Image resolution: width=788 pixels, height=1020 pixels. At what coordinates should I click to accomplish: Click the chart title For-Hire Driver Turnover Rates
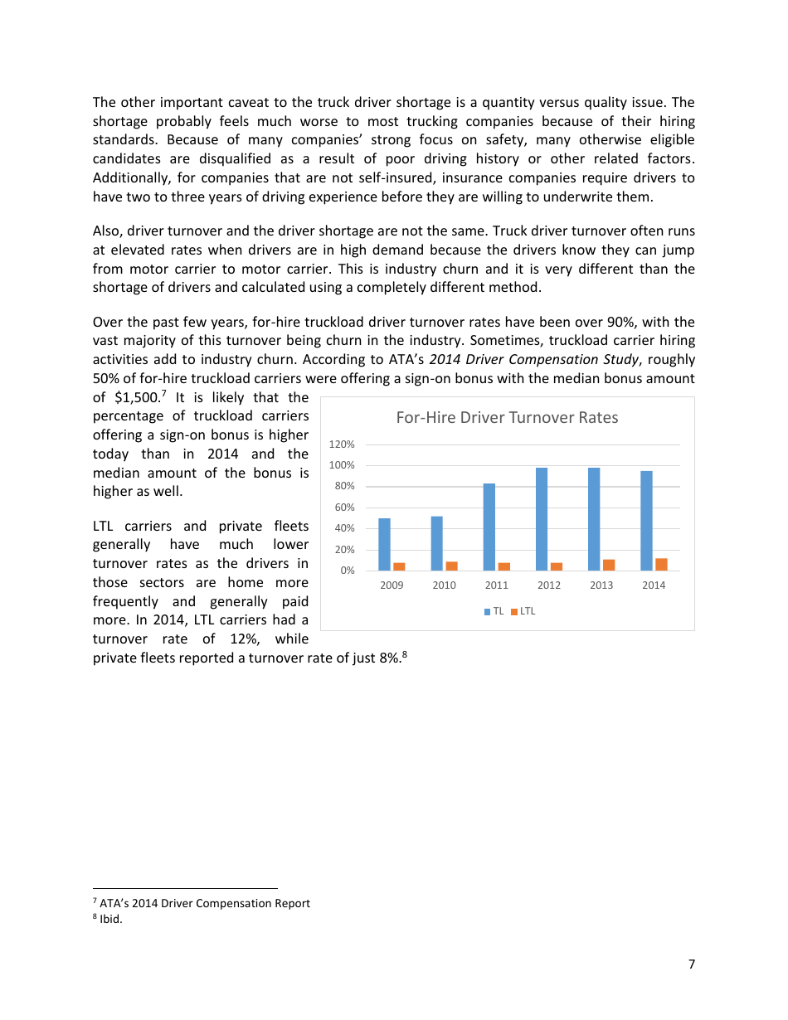click(x=507, y=417)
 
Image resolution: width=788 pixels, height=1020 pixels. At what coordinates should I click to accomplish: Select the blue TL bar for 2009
click(x=384, y=544)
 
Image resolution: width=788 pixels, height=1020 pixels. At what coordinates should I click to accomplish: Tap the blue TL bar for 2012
click(x=542, y=519)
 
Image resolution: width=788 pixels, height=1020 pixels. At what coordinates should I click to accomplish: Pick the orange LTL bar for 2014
click(x=661, y=564)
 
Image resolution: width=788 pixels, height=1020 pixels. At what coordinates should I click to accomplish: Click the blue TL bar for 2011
click(x=489, y=527)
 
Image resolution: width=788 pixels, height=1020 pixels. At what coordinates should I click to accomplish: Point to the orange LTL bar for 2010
click(x=451, y=566)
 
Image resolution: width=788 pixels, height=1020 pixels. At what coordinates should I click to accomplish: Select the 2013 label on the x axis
click(x=601, y=585)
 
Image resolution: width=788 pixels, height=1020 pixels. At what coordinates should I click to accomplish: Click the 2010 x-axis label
click(x=444, y=585)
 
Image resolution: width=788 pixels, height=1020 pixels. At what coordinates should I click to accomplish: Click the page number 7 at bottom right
click(x=691, y=964)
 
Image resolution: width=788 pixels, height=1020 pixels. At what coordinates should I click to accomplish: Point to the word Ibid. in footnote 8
click(x=110, y=919)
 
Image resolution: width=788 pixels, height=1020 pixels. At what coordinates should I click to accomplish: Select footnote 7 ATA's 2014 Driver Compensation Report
click(x=204, y=903)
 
